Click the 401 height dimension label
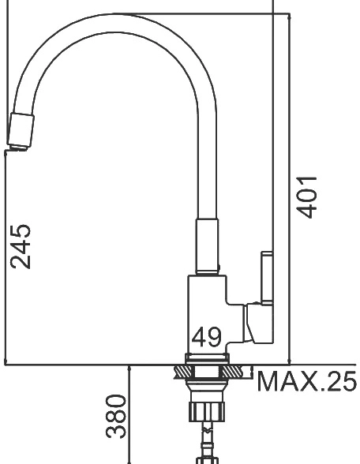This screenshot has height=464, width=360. (x=307, y=197)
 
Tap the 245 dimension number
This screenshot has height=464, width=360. (x=21, y=246)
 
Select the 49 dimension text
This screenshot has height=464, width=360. (x=206, y=337)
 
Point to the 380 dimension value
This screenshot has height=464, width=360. (x=116, y=416)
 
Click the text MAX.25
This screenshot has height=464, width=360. (x=306, y=381)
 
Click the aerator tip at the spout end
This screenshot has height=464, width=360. (x=21, y=132)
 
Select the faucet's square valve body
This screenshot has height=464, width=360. (x=207, y=315)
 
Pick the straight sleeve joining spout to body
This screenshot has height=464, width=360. (x=207, y=246)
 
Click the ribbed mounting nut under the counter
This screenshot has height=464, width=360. (x=207, y=411)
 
